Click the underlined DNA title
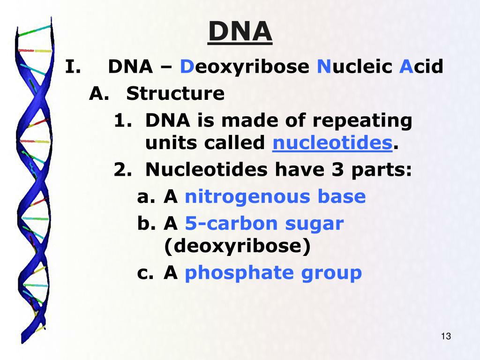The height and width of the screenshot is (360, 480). point(240,32)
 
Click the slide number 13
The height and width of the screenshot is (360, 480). point(446,337)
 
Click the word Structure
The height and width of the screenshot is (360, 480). point(175,94)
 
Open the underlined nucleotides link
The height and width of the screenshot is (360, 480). point(332,143)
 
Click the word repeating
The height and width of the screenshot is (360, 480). point(362,121)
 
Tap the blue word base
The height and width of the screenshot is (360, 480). point(341,197)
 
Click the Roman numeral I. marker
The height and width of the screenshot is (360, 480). point(74,67)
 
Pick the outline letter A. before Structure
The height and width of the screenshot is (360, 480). point(99,94)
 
